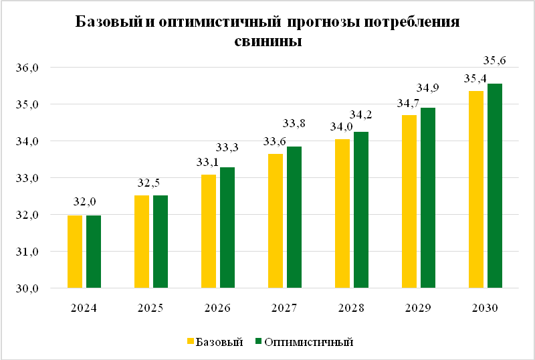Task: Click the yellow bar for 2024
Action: pyautogui.click(x=74, y=252)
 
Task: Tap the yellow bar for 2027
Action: pyautogui.click(x=275, y=221)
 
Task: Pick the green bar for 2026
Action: pyautogui.click(x=227, y=228)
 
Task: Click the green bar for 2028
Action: pyautogui.click(x=361, y=210)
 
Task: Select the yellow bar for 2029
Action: pyautogui.click(x=409, y=201)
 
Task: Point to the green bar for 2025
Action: pyautogui.click(x=160, y=242)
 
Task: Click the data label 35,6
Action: pyautogui.click(x=495, y=61)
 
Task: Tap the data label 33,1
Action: pyautogui.click(x=208, y=161)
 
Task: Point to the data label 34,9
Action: pyautogui.click(x=428, y=88)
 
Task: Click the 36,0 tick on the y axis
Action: pyautogui.click(x=32, y=68)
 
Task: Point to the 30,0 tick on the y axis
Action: pyautogui.click(x=32, y=289)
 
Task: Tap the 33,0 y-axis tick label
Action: pyautogui.click(x=32, y=179)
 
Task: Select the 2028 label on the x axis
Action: pyautogui.click(x=352, y=308)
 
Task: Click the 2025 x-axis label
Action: pyautogui.click(x=150, y=308)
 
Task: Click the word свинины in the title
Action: pyautogui.click(x=268, y=41)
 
